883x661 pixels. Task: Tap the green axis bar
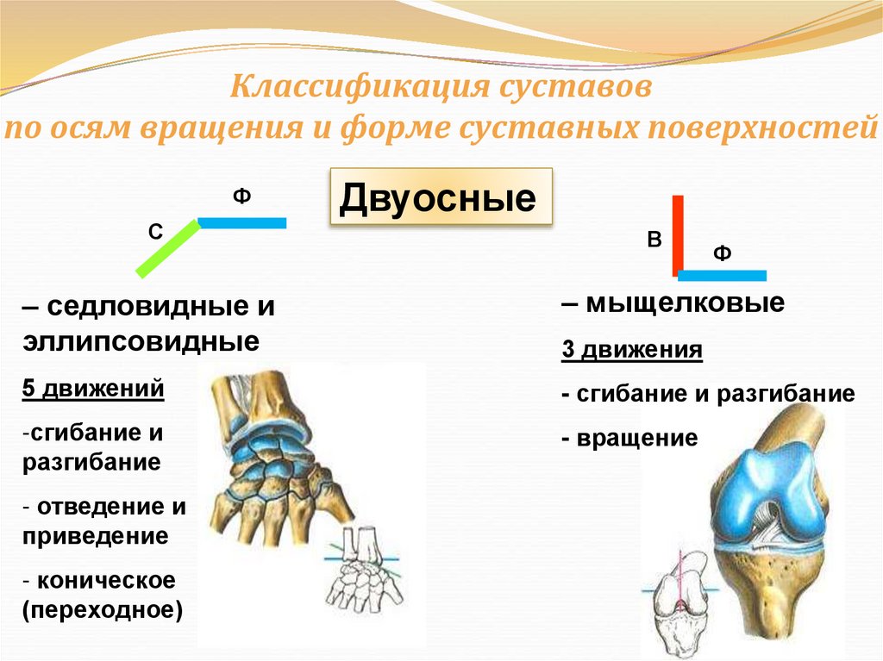coord(168,248)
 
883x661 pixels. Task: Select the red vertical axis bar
coord(678,234)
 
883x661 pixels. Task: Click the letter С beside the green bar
coord(155,232)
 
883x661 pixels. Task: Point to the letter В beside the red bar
coord(654,240)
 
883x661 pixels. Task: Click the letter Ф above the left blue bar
coord(241,197)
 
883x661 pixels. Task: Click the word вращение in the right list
coord(637,438)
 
